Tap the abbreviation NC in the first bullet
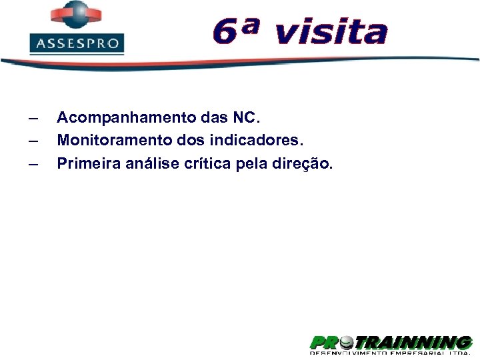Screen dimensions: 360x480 click(245, 118)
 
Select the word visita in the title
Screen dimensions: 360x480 click(330, 31)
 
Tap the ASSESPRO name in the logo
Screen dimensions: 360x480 click(77, 45)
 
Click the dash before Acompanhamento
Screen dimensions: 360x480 click(33, 119)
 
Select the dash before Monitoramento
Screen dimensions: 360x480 click(33, 142)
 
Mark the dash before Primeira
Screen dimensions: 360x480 click(33, 165)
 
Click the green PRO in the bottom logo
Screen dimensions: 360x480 click(323, 343)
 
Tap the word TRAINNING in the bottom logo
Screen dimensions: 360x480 click(414, 343)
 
